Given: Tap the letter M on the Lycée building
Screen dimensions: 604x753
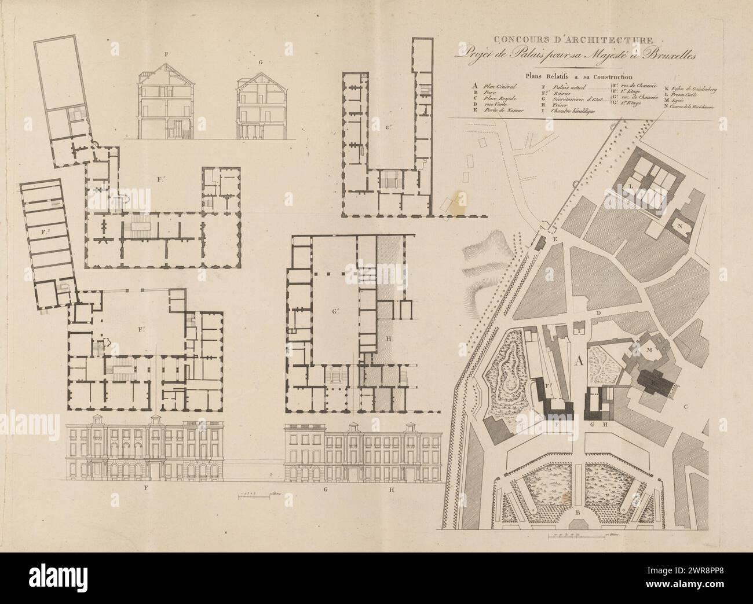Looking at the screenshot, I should pyautogui.click(x=649, y=351).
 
